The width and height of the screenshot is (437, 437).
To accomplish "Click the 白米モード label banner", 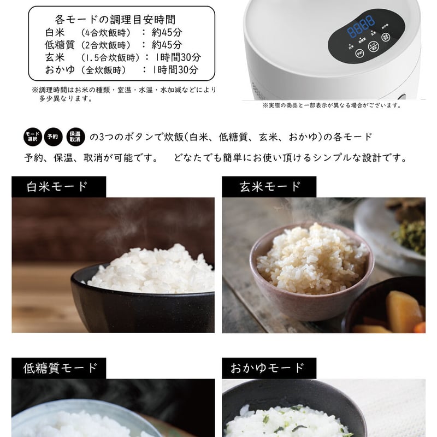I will (57, 186).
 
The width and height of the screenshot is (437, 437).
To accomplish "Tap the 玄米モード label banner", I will (270, 186).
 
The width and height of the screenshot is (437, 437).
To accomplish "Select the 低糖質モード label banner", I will (60, 368).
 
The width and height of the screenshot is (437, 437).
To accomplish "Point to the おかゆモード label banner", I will (270, 368).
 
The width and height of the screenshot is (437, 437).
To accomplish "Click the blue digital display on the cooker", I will (362, 23).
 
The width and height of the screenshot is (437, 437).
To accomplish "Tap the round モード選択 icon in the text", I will (33, 136).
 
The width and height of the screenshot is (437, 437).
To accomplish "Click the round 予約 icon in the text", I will (53, 136).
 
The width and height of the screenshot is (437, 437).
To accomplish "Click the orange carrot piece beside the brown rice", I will (420, 327).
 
